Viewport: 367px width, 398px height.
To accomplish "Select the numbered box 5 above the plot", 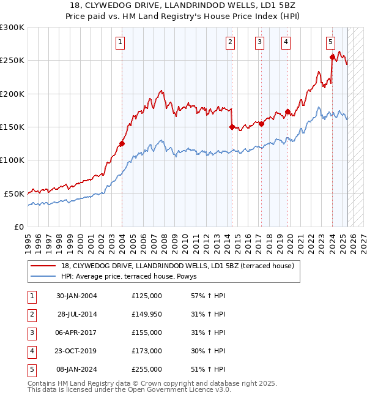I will click(x=330, y=42).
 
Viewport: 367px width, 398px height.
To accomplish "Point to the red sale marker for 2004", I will click(x=122, y=144).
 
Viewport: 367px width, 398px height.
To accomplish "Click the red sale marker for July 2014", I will click(x=232, y=127).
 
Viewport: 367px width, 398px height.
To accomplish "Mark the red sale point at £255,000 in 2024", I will click(x=332, y=57).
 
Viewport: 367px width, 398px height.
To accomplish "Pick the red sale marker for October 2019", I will click(x=287, y=112).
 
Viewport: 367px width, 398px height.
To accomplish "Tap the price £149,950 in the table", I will click(x=146, y=314).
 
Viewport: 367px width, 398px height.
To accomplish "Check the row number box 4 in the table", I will click(x=31, y=351).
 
